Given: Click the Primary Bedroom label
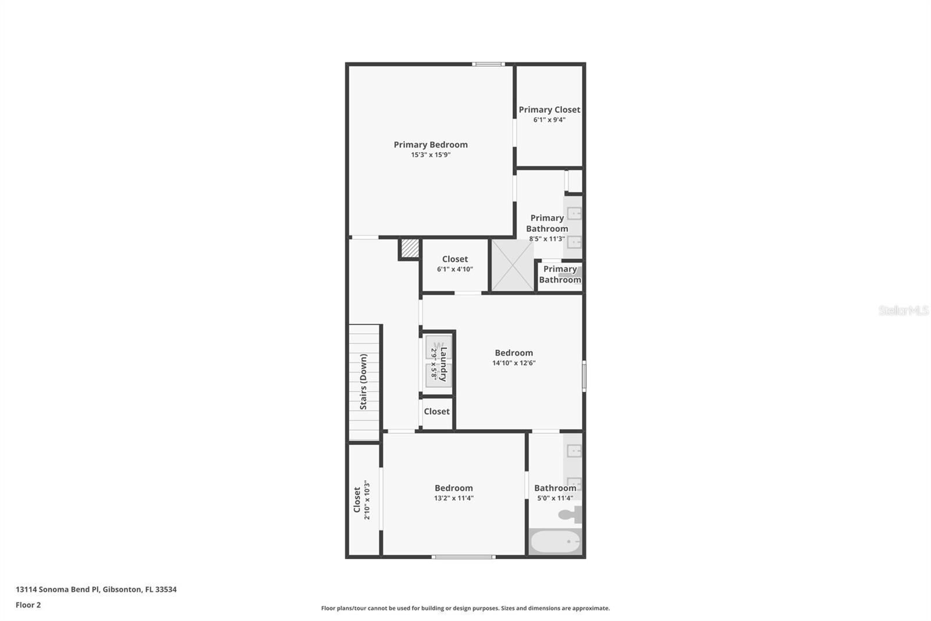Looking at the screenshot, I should [431, 144].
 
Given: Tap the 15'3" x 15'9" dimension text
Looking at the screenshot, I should [431, 155].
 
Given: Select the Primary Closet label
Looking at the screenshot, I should [549, 110].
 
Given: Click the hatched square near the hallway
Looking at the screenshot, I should [410, 248].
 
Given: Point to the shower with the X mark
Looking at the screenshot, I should [513, 265].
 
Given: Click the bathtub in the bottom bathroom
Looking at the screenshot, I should [555, 542].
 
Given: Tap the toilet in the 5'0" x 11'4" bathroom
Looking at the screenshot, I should [570, 514].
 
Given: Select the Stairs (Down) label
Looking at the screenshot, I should [363, 382].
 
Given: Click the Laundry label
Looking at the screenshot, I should [443, 364].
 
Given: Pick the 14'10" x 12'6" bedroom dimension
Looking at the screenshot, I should [514, 363].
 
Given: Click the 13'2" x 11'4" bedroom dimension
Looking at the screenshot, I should [454, 498].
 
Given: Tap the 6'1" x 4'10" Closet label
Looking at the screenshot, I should [455, 259].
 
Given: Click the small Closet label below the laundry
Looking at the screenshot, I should [436, 411].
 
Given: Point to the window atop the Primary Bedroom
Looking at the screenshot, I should [488, 64].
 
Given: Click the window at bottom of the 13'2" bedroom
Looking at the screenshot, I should [463, 557].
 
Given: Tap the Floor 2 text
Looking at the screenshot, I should [28, 605].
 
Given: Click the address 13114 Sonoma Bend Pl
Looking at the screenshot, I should [96, 589].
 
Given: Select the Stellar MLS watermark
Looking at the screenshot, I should [903, 310].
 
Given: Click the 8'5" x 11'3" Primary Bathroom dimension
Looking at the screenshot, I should [547, 239].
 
